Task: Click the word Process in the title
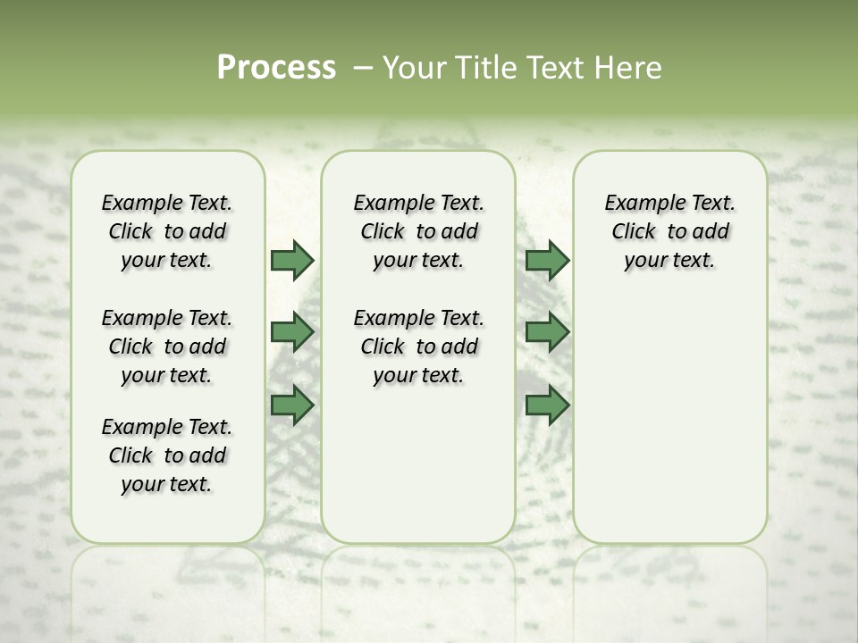pos(276,68)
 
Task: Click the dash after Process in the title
pos(362,69)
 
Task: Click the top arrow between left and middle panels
pos(292,260)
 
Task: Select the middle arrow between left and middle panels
pos(292,332)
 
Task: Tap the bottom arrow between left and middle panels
pos(292,405)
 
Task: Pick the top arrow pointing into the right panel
pos(547,260)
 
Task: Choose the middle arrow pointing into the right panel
pos(547,332)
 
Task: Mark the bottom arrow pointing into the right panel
pos(547,405)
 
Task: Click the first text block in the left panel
pos(167,231)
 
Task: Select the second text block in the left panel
pos(167,347)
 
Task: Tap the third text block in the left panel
pos(167,455)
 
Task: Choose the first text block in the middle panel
pos(418,231)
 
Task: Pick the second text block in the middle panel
pos(418,347)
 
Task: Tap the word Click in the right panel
pos(634,232)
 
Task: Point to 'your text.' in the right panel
pos(669,261)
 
